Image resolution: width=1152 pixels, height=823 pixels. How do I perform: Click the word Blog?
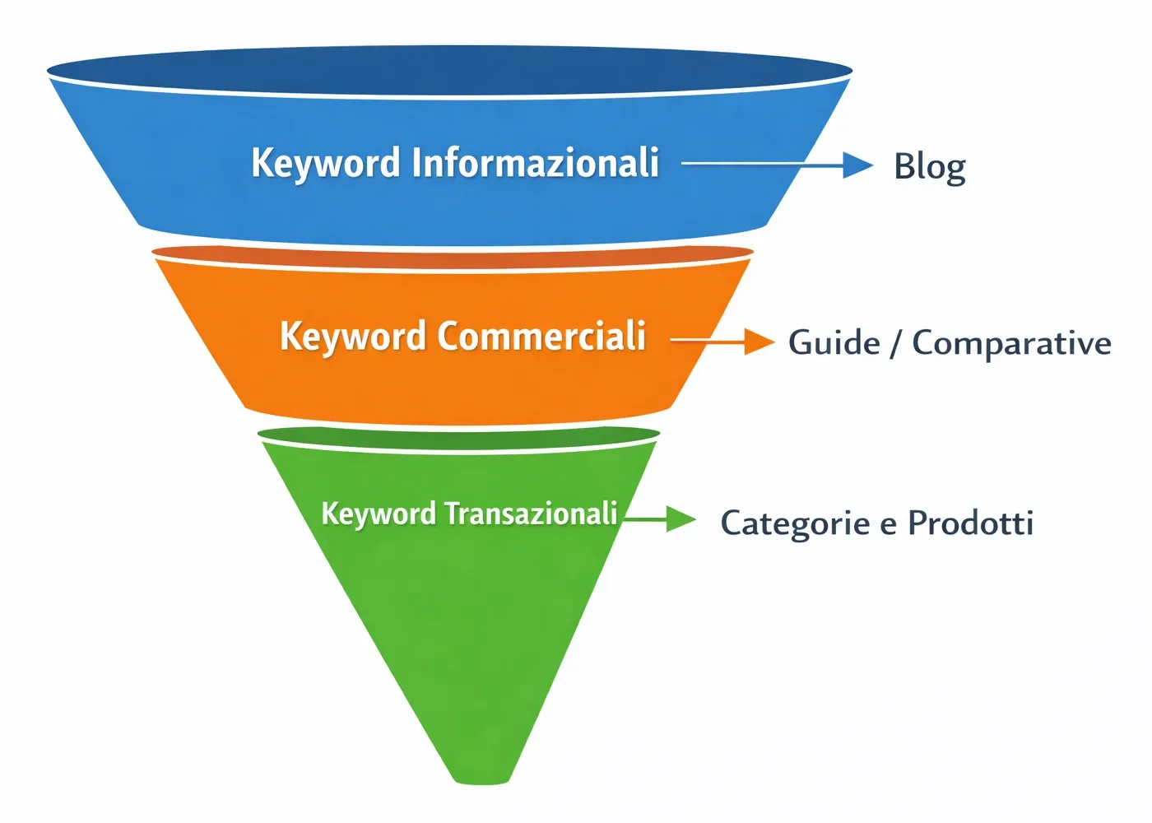(x=929, y=167)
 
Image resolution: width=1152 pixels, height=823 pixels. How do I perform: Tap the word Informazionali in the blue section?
(x=535, y=162)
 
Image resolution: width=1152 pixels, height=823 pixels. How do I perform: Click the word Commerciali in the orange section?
(x=541, y=336)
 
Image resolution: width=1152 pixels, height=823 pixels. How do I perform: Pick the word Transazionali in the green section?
(x=531, y=514)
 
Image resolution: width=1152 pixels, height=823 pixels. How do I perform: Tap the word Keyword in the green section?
(x=378, y=514)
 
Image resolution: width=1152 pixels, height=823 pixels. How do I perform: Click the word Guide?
(x=834, y=343)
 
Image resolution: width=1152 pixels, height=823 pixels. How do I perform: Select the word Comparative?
(x=1011, y=343)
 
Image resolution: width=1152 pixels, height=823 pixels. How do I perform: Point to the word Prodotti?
(x=970, y=523)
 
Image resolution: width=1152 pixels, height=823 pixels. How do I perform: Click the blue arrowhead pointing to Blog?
(x=857, y=165)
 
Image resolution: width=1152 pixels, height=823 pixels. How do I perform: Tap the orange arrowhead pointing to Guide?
(x=758, y=340)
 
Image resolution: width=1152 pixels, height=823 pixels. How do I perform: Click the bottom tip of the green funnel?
(x=481, y=777)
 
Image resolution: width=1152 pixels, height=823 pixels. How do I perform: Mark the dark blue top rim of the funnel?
(x=449, y=69)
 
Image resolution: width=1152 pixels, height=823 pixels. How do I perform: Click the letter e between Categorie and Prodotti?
(x=888, y=525)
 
